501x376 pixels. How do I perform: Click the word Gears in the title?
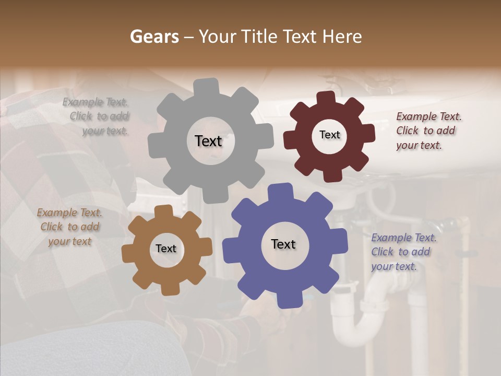click(x=154, y=37)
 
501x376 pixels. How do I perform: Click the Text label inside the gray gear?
click(x=208, y=141)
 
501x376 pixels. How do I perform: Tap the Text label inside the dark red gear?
click(x=329, y=135)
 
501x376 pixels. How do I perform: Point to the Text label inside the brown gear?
click(x=166, y=249)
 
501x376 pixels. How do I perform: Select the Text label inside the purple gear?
click(x=283, y=244)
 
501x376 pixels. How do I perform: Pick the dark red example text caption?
click(x=428, y=131)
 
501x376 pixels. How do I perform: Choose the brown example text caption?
click(x=69, y=227)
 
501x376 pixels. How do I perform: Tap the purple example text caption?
click(x=403, y=252)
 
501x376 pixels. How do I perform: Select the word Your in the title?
click(x=217, y=37)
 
